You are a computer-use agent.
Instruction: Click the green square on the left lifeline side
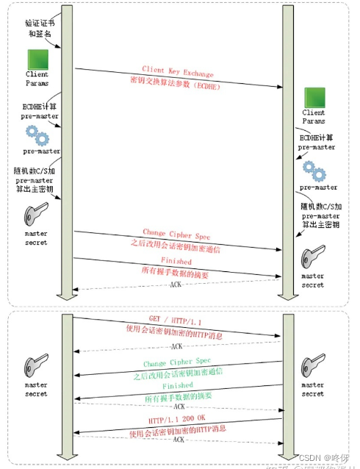[x=37, y=60]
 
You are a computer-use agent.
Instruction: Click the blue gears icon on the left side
[x=37, y=136]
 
